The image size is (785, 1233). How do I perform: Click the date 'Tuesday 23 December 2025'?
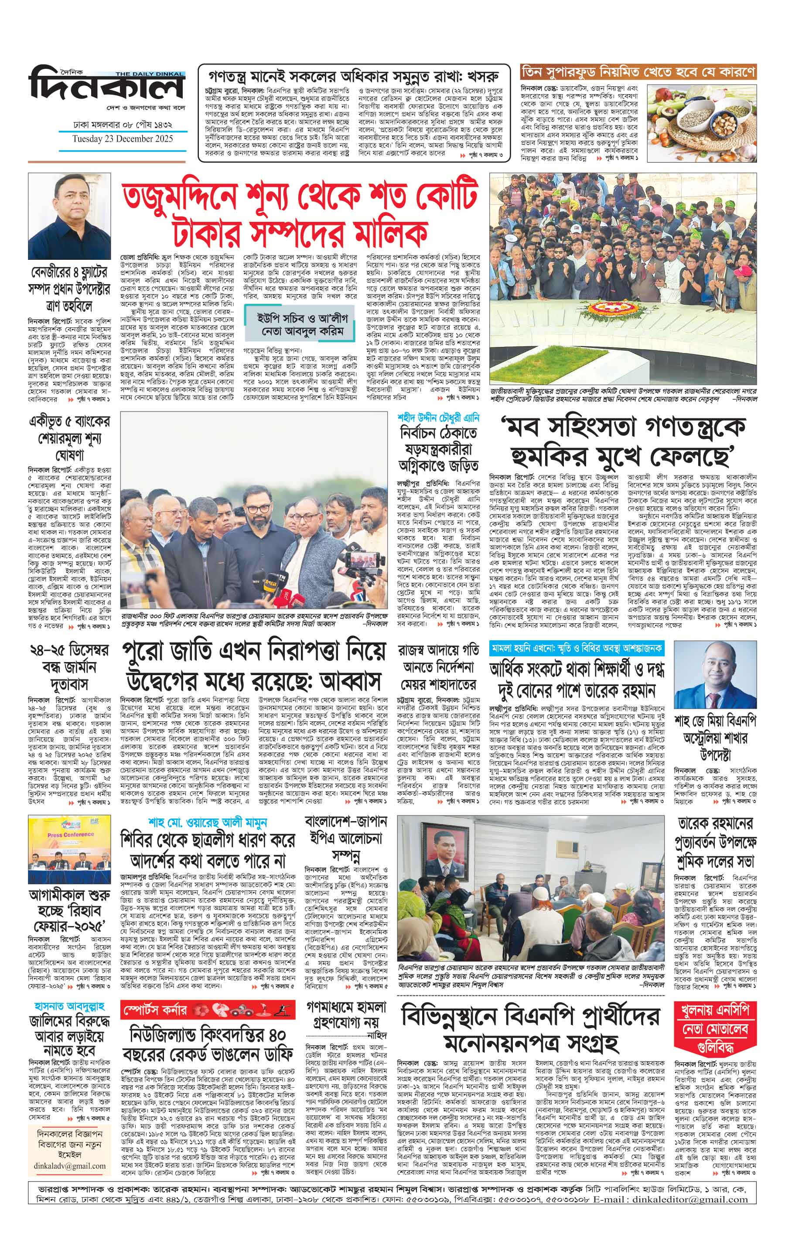pos(123,139)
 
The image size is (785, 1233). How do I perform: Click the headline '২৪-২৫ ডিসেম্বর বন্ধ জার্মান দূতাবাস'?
pos(69,667)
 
